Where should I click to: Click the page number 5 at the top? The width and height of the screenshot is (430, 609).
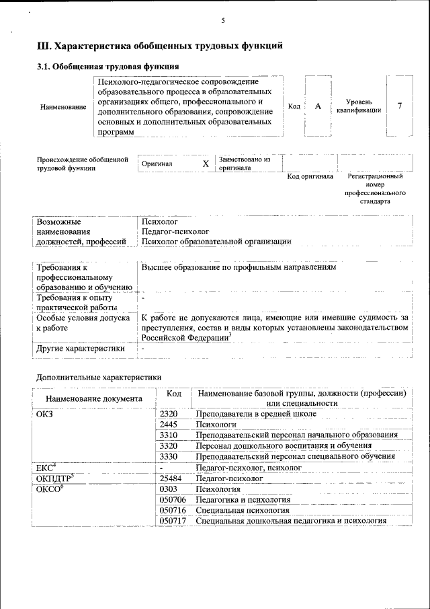tap(222, 21)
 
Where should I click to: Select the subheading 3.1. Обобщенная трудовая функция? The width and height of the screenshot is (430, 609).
tap(107, 67)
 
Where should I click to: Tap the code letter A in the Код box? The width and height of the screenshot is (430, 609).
tap(318, 107)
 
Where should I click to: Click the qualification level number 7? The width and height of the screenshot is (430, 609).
tap(400, 107)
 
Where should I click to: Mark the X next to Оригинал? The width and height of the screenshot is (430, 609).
tap(206, 164)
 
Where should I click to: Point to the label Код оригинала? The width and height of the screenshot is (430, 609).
tap(310, 176)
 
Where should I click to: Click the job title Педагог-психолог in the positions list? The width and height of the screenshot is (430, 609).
tap(171, 231)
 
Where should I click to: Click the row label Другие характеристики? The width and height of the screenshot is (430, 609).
tap(81, 349)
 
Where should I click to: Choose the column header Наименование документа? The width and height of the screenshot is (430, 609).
tap(94, 398)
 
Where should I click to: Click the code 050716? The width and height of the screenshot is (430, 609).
tap(173, 510)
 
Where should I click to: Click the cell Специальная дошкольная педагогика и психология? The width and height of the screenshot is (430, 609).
tap(290, 521)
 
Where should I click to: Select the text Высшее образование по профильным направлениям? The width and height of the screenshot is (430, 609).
tap(238, 267)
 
